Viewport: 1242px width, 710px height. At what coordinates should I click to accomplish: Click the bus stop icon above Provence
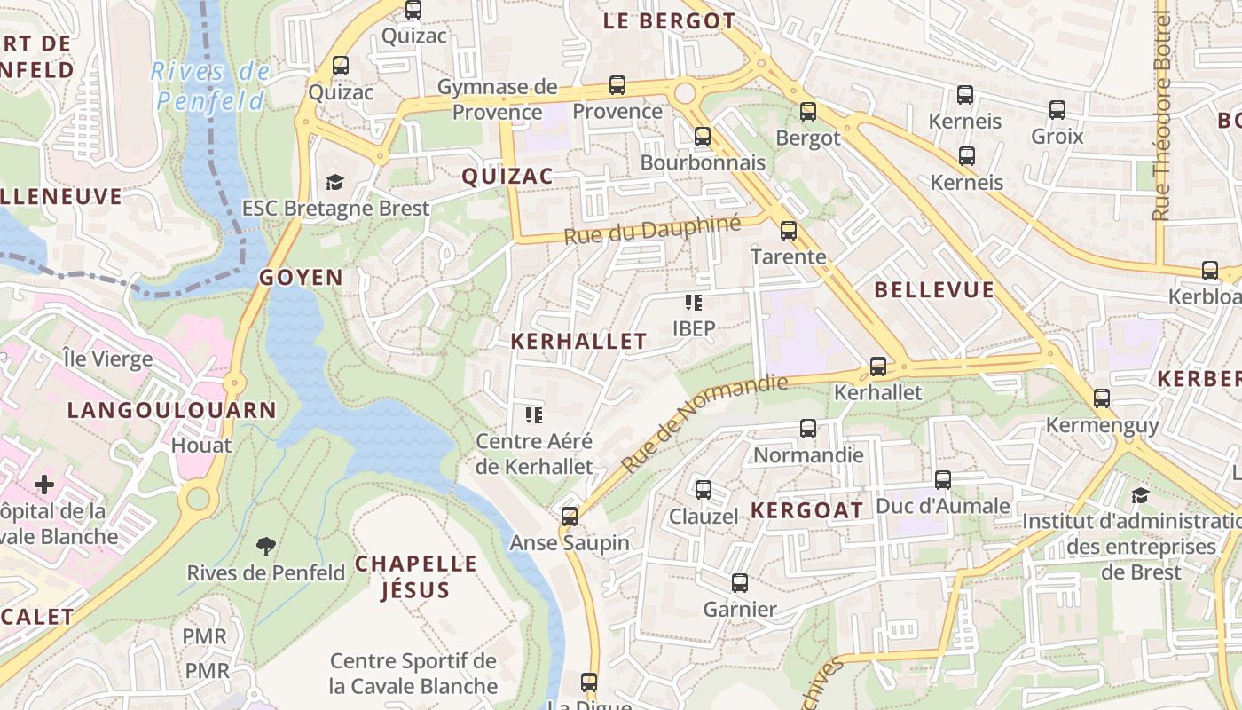617,85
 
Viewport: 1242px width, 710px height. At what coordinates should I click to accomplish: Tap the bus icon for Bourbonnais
703,137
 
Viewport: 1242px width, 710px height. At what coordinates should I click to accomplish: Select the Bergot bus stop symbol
807,112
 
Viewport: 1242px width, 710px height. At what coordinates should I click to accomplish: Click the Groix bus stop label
1057,137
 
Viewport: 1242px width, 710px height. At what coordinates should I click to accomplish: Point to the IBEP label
694,328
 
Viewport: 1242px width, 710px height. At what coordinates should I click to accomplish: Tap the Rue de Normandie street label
704,422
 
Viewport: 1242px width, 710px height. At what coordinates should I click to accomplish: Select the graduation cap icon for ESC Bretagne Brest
334,183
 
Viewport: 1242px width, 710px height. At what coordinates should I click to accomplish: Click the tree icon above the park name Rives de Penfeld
265,546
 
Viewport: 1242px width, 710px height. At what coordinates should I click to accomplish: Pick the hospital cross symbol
43,485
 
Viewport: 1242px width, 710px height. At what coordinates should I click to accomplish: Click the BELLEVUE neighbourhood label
934,290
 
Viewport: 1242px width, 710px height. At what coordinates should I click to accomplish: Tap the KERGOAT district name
806,510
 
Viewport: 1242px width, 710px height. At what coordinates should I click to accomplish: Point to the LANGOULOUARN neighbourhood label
172,410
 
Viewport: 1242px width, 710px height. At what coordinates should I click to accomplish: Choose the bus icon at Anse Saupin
570,517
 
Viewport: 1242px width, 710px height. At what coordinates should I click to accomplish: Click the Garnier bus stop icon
740,583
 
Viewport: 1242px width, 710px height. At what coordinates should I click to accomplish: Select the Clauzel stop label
703,517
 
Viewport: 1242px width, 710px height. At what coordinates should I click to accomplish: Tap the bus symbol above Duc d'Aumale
942,480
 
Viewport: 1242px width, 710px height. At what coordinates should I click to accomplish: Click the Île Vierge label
107,359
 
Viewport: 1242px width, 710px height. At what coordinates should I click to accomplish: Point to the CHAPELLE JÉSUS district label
416,576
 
